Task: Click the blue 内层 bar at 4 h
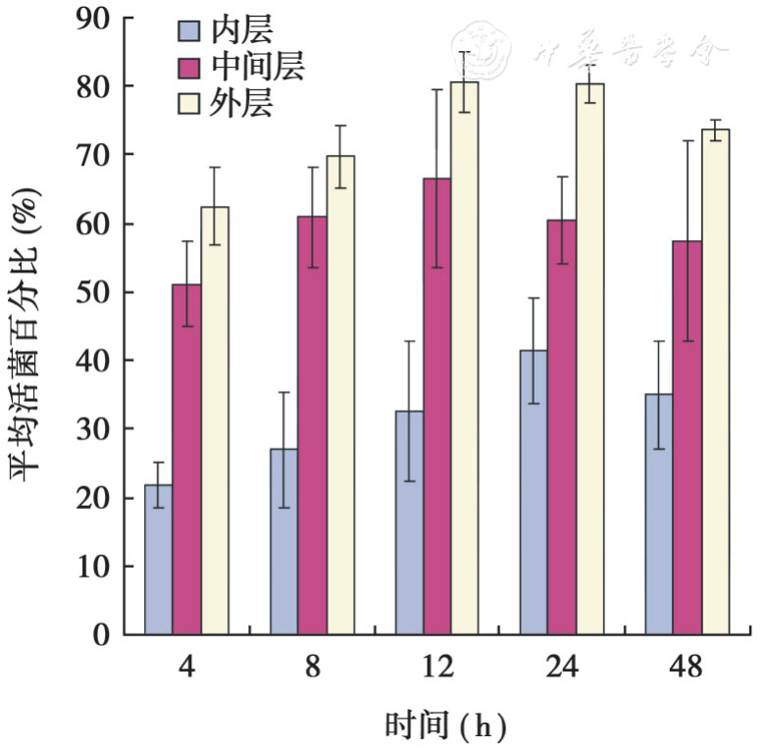pos(158,560)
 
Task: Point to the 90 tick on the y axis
pos(124,19)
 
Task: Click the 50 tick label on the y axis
pos(94,292)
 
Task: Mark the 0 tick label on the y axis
pos(102,634)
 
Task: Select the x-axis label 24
pos(562,669)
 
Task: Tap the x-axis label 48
pos(687,669)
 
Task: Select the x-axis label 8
pos(312,669)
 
